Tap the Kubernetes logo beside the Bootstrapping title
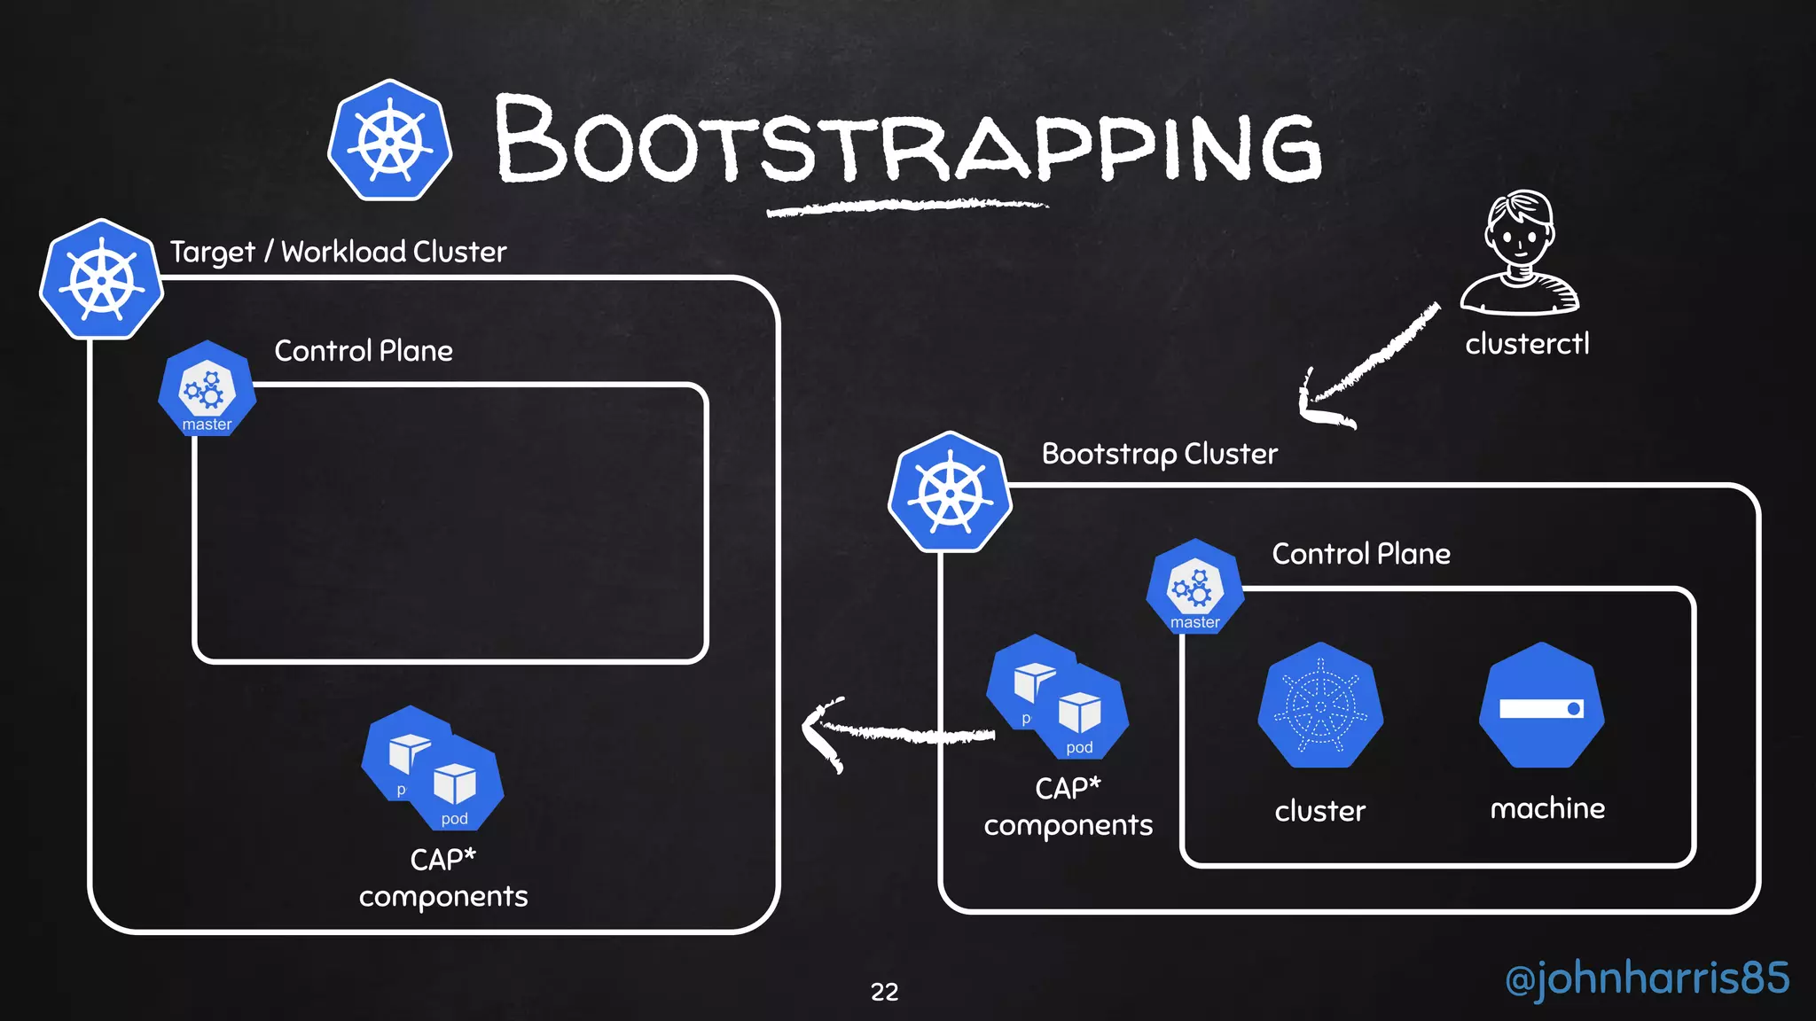[390, 140]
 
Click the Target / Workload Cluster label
[338, 252]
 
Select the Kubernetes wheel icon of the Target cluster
[102, 279]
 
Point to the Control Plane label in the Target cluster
[364, 351]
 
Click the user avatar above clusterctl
[1520, 253]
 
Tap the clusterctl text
[1527, 344]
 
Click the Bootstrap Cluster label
[1159, 454]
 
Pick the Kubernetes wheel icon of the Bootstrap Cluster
[951, 492]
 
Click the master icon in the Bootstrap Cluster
[1195, 588]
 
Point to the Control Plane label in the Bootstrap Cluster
[1361, 554]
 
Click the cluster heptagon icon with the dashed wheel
[1320, 706]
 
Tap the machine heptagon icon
[1542, 706]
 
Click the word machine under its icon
[1547, 808]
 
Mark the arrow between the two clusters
[896, 732]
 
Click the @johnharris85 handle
[1647, 978]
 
